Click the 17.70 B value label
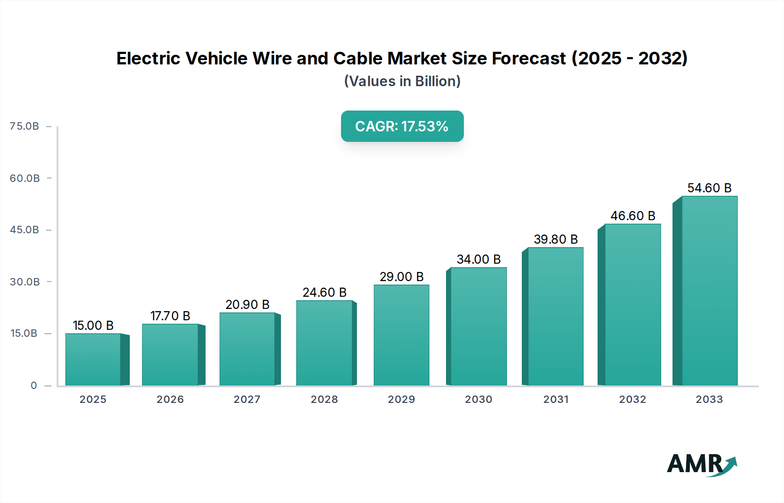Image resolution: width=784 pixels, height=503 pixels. pos(170,316)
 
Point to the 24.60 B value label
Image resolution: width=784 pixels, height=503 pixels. pos(324,292)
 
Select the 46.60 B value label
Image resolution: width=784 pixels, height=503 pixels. pos(633,216)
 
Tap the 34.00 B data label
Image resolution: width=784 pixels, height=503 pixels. pos(479,259)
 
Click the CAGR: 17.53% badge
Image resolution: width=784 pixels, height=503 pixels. pos(402,126)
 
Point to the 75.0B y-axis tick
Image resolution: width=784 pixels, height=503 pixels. pos(24,126)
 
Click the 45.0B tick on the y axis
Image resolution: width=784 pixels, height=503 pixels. pos(24,230)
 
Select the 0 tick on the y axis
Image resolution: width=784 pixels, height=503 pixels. pos(34,386)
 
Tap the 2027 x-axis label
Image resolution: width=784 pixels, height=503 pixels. pos(247,399)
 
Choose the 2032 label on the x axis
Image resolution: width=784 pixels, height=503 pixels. pos(632,399)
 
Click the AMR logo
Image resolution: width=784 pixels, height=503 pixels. pos(701,464)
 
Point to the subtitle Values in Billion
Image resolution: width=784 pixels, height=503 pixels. pos(402,81)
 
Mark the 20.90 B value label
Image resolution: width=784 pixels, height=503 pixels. pos(247,305)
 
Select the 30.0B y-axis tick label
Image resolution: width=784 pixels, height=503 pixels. pos(24,282)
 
